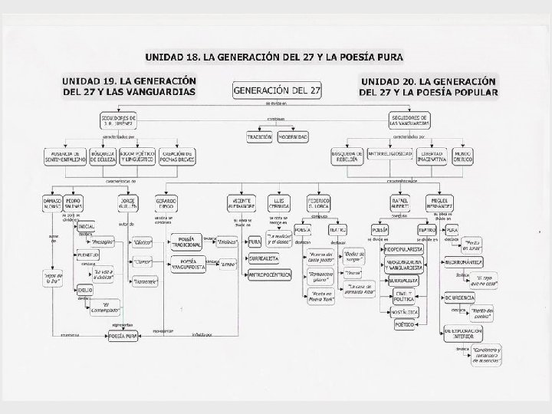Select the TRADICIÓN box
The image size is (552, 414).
(259, 136)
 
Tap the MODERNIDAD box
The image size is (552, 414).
(294, 136)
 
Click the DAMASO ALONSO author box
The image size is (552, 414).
(57, 202)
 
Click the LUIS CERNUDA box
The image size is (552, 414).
(279, 202)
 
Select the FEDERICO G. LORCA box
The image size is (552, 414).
(317, 202)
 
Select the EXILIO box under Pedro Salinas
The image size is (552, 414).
(85, 290)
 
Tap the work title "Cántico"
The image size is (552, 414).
(142, 242)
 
